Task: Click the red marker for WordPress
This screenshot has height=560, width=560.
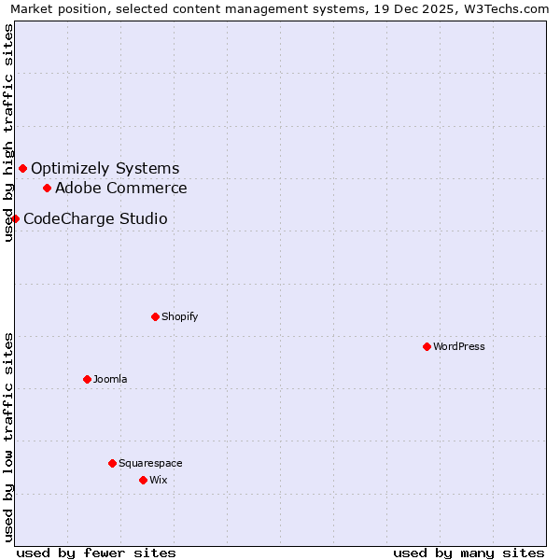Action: [x=427, y=346]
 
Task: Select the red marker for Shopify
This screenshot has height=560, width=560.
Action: [x=155, y=316]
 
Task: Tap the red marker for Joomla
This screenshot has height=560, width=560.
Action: [x=87, y=379]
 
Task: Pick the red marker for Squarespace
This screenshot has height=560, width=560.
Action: [x=112, y=463]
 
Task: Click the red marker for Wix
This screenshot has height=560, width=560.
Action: [x=143, y=480]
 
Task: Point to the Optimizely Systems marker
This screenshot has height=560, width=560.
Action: [x=22, y=168]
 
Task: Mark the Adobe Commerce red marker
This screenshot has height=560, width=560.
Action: [x=47, y=188]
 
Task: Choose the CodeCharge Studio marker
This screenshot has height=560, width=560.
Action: [x=15, y=218]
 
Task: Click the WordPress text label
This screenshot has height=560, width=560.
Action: [x=459, y=346]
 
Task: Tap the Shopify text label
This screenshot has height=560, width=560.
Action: [x=180, y=316]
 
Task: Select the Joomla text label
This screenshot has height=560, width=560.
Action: [x=110, y=379]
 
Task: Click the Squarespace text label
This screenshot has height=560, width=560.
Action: [x=150, y=463]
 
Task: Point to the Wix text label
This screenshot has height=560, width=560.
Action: [x=159, y=480]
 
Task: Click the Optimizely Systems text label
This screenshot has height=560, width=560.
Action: [x=105, y=168]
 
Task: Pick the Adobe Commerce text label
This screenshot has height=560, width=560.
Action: [x=121, y=188]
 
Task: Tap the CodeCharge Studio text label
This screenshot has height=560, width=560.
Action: [x=95, y=218]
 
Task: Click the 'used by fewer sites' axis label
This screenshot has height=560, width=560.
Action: [x=96, y=553]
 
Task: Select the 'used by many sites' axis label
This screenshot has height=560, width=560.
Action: [x=469, y=553]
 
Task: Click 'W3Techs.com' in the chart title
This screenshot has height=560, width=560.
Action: [x=508, y=9]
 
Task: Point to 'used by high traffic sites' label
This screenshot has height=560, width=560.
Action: [x=9, y=133]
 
